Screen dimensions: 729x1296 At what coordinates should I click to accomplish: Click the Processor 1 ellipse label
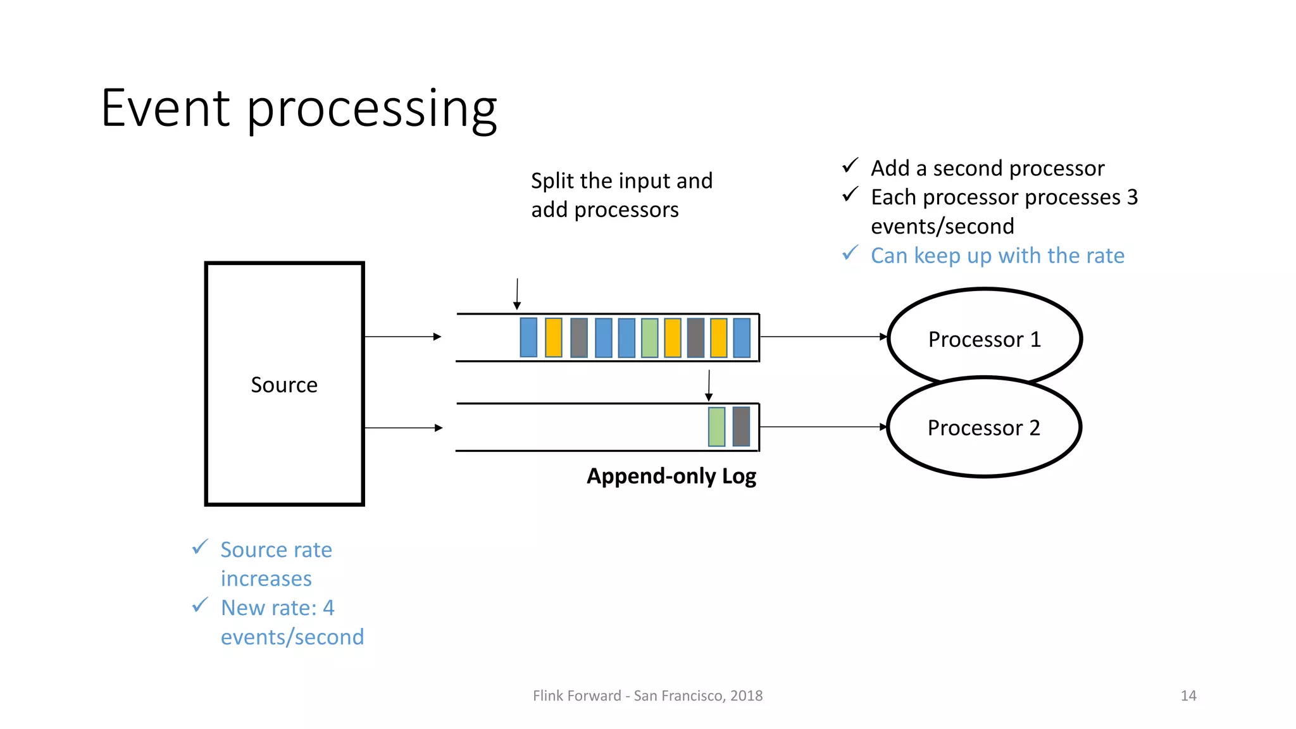point(984,340)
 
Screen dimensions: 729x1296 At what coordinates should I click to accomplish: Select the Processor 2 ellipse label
point(983,428)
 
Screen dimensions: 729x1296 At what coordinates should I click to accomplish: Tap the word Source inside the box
point(284,385)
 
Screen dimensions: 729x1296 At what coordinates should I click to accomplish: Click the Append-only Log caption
point(671,476)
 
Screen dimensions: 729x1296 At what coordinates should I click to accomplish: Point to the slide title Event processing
point(299,108)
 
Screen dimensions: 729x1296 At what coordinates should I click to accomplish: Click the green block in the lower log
point(716,427)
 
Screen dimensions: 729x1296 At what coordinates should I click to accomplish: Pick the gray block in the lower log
point(741,427)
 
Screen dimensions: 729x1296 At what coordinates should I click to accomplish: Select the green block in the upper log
point(649,338)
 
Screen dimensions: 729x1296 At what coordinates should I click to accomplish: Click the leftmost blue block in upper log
point(528,338)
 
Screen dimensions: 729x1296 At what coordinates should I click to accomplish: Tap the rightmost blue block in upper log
point(742,338)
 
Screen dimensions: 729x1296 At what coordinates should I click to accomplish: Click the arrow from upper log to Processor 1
point(823,337)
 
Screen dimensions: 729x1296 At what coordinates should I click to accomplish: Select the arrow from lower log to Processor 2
point(823,427)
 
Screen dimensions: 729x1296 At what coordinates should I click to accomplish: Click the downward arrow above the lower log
point(709,385)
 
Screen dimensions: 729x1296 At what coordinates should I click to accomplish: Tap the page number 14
point(1188,695)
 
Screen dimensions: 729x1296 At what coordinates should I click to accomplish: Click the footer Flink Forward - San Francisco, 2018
point(647,695)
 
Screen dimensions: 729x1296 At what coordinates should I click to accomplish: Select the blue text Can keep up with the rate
point(997,256)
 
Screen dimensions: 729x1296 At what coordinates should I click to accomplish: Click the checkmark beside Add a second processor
point(850,166)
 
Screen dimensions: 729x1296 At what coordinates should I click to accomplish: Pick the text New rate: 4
point(277,608)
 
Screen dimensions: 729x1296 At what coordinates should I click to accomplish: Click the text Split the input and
point(621,181)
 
